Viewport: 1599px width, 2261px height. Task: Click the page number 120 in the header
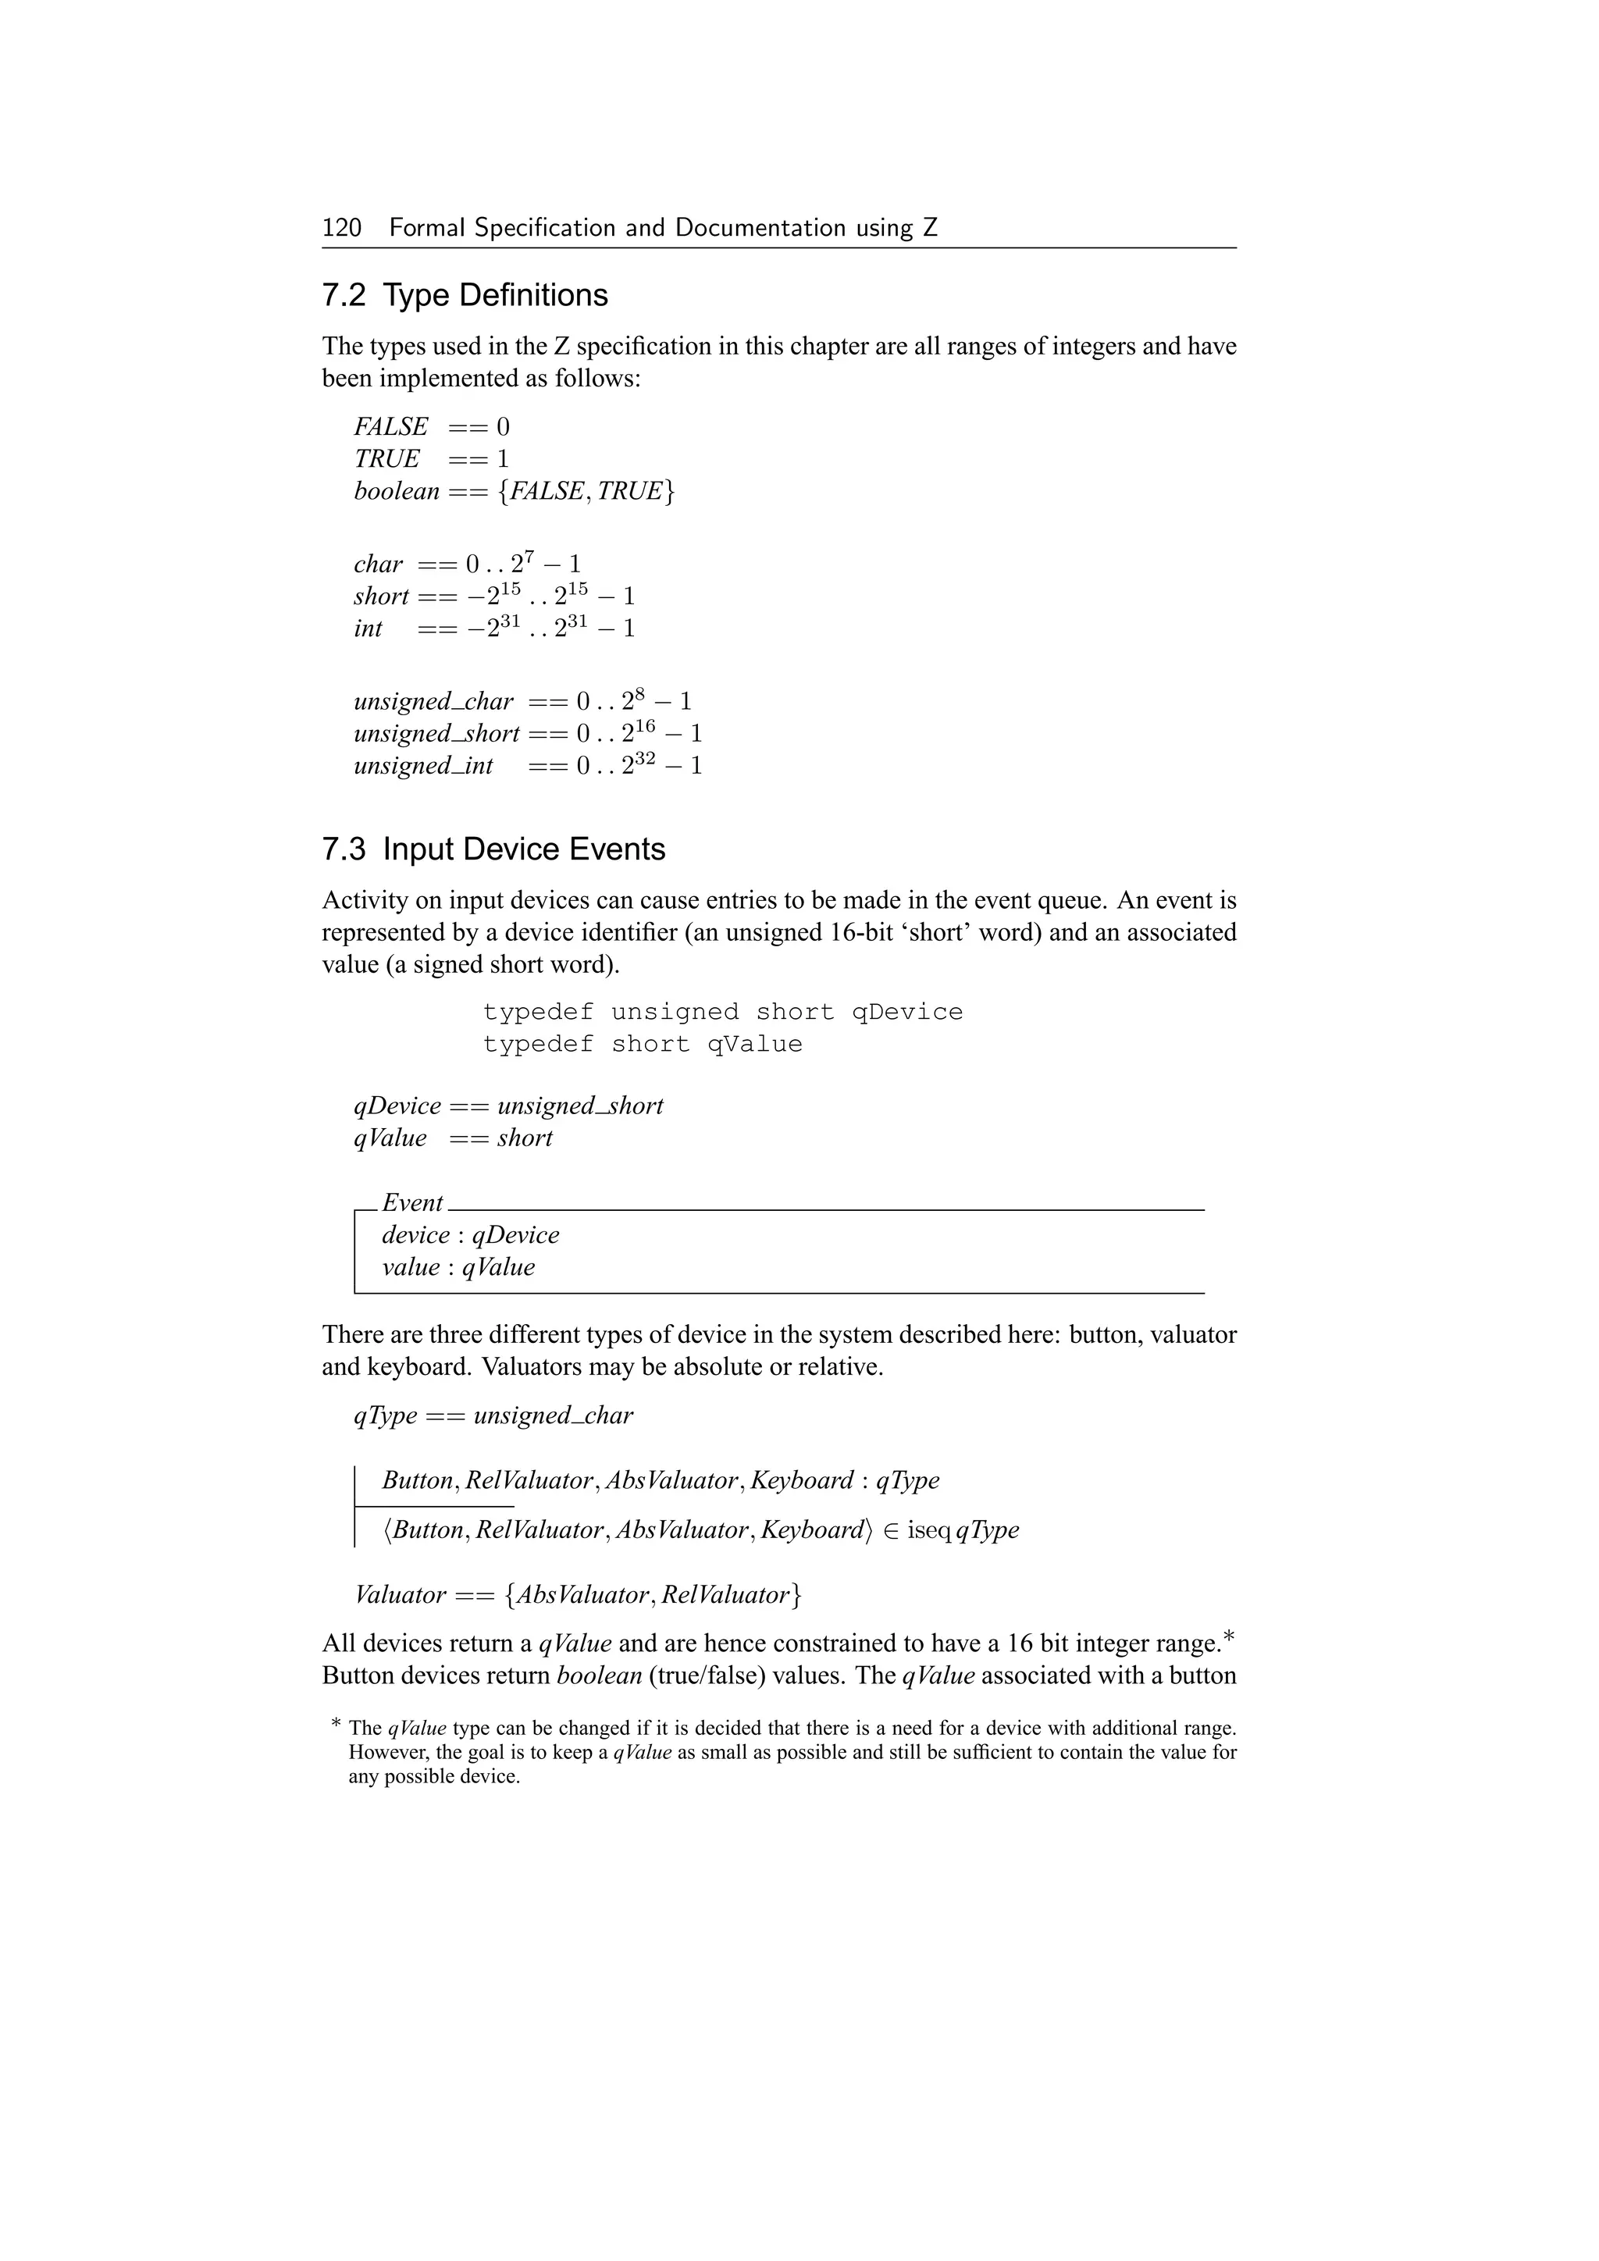pos(342,229)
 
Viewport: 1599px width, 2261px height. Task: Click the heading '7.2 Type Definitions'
pos(465,295)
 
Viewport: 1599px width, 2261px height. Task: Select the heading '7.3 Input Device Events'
pos(493,850)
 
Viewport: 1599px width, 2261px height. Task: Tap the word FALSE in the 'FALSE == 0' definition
pos(391,427)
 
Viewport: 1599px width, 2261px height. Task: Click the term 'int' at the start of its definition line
pos(367,628)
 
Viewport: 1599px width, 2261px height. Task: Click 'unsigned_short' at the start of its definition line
pos(436,734)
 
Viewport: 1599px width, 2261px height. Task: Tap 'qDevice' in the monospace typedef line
pos(906,1013)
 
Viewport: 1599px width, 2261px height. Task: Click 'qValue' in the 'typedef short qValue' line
pos(754,1044)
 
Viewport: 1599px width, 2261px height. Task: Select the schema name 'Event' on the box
pos(411,1202)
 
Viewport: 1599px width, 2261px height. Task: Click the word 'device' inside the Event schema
pos(415,1235)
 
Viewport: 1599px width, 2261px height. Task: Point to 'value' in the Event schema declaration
pos(411,1267)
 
